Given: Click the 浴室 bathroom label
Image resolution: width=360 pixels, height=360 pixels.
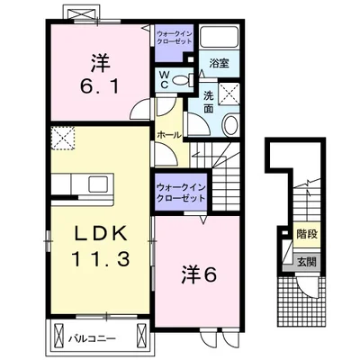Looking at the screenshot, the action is [220, 63].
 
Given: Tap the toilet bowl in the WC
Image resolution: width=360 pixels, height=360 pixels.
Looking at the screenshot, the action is [181, 80].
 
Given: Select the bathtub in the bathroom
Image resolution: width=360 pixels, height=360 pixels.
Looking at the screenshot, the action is [220, 36].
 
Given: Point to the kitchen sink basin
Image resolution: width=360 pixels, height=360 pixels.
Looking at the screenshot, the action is [98, 184].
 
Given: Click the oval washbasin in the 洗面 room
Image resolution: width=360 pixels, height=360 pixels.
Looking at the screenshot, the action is [230, 125].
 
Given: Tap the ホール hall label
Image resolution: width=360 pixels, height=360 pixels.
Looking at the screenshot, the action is [169, 135].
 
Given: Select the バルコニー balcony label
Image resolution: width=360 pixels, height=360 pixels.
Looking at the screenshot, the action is [92, 338].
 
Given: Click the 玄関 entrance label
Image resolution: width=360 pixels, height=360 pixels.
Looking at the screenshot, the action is [307, 263].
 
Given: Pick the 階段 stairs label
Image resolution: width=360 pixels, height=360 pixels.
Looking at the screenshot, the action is [307, 234].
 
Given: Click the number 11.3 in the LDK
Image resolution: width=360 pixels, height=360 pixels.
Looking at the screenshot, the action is [101, 258].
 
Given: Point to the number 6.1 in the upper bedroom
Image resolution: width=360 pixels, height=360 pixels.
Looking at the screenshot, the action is [100, 85].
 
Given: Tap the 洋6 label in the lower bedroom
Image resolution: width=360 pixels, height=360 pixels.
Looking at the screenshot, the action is [199, 274].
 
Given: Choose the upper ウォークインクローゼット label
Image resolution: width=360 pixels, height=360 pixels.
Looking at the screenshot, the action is [175, 37].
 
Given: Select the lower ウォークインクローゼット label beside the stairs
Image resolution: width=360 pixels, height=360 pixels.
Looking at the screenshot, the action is [181, 193].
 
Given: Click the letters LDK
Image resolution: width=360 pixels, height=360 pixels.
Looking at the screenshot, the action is [100, 233].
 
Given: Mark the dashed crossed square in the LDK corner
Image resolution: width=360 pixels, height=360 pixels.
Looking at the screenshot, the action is [63, 138].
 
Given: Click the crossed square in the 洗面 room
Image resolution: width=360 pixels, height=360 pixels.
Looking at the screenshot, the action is [229, 94].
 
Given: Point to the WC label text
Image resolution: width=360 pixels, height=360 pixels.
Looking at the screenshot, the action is [164, 79].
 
